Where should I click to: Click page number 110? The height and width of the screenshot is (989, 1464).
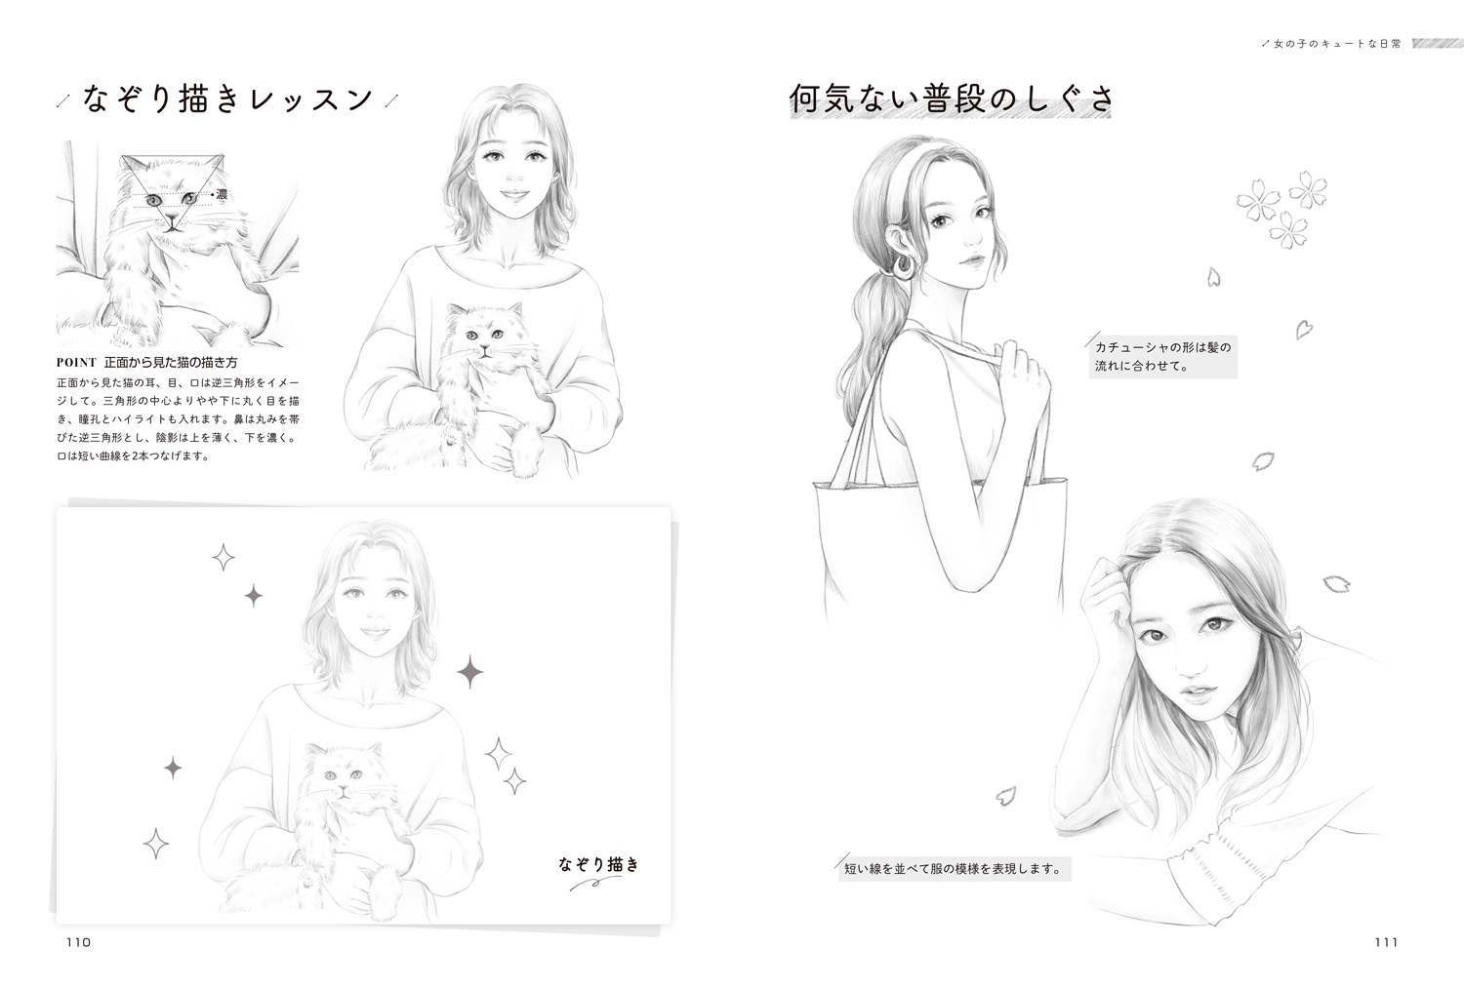[x=78, y=942]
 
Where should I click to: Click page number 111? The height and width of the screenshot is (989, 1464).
[x=1386, y=942]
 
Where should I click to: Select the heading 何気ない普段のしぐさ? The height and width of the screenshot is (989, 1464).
[x=951, y=99]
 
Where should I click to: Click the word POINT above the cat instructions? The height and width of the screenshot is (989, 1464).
[x=76, y=363]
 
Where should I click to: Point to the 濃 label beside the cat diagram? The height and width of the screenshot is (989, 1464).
[x=222, y=194]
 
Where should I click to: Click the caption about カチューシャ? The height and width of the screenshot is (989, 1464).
[x=1162, y=357]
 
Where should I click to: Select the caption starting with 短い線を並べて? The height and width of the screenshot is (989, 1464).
[x=954, y=869]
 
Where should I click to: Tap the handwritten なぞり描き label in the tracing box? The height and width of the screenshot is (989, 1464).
[x=598, y=864]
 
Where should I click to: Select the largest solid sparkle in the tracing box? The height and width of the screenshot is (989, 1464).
[x=469, y=672]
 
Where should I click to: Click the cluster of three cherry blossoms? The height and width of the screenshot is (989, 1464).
[x=1281, y=208]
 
